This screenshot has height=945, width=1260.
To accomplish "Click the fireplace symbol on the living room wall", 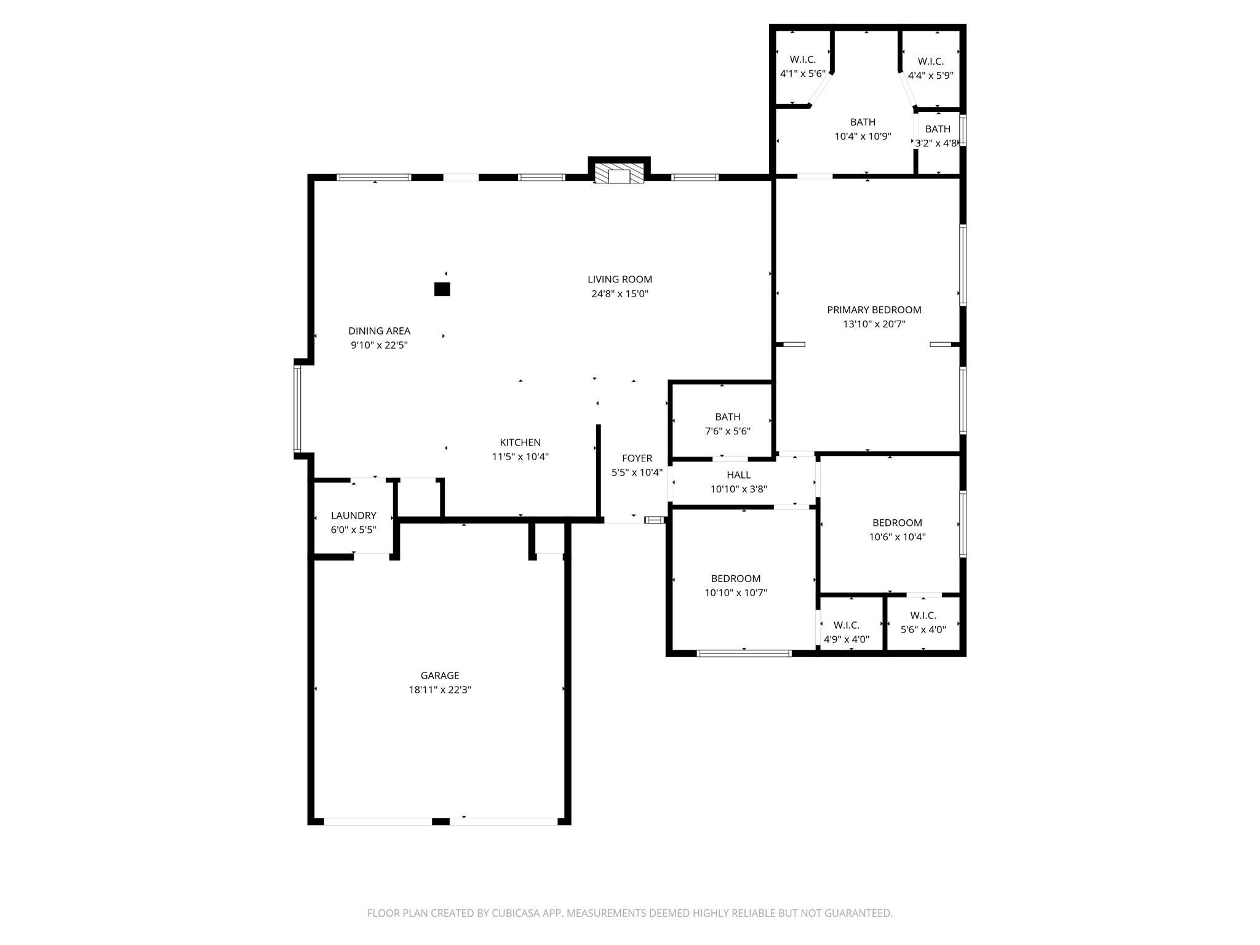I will pos(620,173).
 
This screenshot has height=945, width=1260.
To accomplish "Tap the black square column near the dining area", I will pos(442,289).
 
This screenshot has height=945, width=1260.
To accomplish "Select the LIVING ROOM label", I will pos(620,279).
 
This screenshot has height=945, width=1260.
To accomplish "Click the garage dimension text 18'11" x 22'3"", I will pos(440,690).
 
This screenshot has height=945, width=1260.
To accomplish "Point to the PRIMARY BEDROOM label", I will pos(874,309).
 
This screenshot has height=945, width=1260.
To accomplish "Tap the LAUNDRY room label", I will pos(353,516).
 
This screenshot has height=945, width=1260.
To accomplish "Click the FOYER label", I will pos(637,458).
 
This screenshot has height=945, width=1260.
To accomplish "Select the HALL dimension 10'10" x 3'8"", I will pos(738,489).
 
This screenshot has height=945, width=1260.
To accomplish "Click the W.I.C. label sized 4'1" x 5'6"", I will pos(802,60).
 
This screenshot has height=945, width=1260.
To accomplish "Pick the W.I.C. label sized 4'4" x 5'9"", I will pos(930,62).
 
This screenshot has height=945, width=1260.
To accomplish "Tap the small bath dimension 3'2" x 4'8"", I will pos(936,143).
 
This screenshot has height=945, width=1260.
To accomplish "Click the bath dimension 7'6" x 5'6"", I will pos(727,431).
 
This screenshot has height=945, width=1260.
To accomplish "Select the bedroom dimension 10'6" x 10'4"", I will pos(897,536).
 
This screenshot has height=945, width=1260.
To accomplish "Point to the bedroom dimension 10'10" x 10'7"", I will pos(736,592).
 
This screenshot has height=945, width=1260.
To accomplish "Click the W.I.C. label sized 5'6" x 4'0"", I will pos(923,615).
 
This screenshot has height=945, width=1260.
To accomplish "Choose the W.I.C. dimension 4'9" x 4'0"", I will pos(847,639).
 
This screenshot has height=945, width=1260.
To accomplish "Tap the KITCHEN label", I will pos(520,442).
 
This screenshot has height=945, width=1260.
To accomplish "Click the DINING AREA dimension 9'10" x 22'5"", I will pos(379,345).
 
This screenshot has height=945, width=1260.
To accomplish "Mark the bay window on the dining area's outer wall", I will pos(297,409).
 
